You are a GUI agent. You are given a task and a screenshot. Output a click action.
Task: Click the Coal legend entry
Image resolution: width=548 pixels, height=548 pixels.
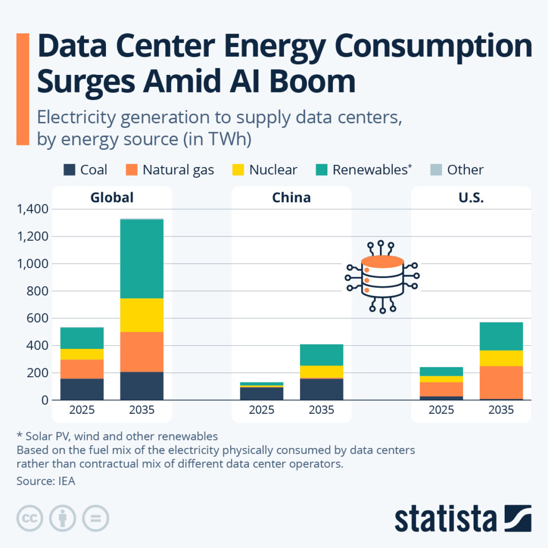(85, 170)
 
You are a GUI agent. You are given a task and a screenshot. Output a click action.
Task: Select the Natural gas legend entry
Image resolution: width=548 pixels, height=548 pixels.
(170, 170)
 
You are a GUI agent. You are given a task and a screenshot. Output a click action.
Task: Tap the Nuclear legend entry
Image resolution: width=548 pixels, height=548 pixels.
(265, 170)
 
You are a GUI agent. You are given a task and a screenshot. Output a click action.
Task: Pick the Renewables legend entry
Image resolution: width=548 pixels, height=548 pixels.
(364, 170)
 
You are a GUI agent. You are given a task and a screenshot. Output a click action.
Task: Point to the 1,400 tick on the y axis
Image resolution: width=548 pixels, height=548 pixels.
(33, 209)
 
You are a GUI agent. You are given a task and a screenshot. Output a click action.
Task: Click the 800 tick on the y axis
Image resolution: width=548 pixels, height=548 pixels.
(38, 291)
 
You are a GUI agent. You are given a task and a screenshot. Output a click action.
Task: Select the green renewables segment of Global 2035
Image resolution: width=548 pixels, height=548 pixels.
(142, 258)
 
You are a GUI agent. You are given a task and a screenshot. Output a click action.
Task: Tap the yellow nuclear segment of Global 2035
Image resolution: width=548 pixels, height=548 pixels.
(142, 315)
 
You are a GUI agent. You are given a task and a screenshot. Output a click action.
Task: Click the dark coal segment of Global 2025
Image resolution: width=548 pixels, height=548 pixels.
(82, 389)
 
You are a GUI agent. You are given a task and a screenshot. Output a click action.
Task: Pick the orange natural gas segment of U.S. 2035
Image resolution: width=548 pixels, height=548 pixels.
(501, 382)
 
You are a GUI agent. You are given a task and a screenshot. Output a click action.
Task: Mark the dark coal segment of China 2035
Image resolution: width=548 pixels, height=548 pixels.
(321, 389)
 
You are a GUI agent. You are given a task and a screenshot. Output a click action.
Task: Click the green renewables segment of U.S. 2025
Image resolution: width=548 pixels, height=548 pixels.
(441, 371)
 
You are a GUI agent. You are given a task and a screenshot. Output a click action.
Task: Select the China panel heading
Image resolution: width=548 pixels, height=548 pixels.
(291, 197)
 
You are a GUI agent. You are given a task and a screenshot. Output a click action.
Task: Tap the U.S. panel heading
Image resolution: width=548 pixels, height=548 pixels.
(471, 197)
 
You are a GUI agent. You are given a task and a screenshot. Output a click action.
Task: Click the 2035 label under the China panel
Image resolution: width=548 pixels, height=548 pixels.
(321, 410)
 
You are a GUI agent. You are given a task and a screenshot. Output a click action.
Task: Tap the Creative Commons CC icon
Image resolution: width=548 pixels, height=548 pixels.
(30, 517)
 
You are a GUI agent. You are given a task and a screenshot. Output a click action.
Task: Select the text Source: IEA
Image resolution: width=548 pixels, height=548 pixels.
(46, 481)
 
